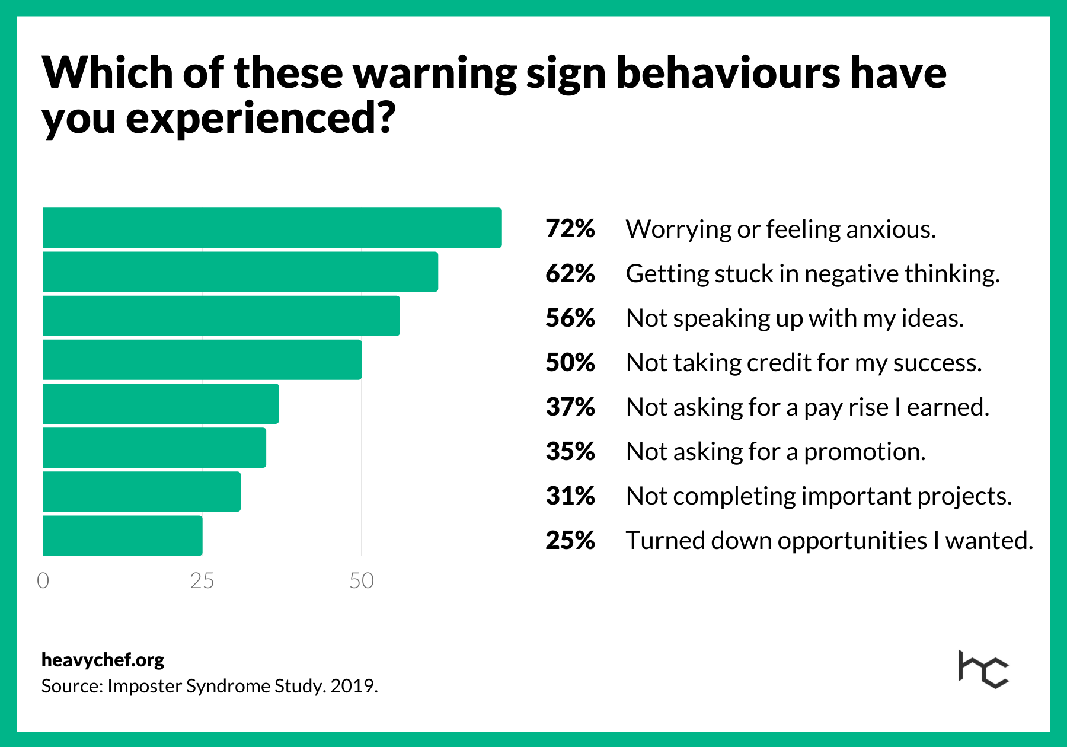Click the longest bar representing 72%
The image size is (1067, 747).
[272, 228]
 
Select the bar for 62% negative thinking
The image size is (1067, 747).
[240, 272]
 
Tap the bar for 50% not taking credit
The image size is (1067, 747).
[202, 360]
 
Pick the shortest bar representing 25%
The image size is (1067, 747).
[123, 535]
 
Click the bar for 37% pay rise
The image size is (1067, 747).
[161, 404]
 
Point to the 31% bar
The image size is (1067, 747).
[142, 491]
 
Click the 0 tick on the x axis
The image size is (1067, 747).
[43, 580]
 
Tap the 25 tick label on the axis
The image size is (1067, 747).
[202, 580]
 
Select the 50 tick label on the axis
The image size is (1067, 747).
[361, 580]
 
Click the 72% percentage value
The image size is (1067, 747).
[570, 229]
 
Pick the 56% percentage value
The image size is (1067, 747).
[570, 318]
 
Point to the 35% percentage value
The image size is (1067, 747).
[570, 452]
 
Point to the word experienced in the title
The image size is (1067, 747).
[260, 118]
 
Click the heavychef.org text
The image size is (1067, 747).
[103, 660]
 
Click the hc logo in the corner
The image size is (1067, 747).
[983, 669]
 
